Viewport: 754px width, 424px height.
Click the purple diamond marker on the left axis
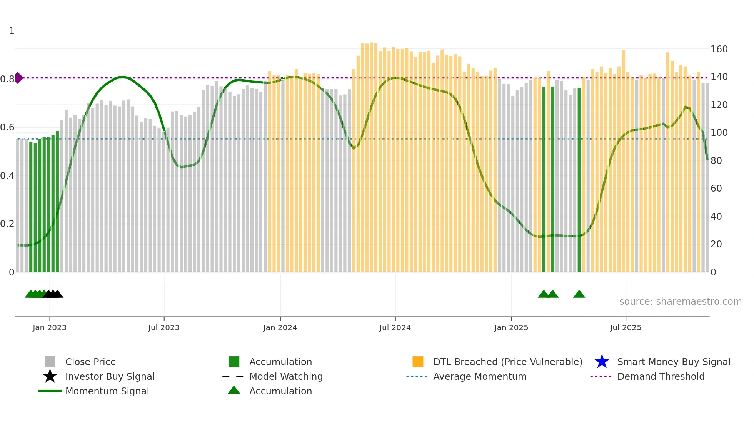[19, 78]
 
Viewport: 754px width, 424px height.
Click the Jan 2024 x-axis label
[280, 327]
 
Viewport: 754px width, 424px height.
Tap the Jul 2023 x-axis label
[164, 327]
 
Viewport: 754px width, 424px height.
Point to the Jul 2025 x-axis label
[626, 327]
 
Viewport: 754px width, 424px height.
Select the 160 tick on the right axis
[719, 49]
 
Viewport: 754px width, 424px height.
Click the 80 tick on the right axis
[716, 161]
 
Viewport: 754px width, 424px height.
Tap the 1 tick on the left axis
[12, 31]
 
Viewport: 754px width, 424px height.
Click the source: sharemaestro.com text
[680, 302]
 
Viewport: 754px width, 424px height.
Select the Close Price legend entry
[90, 362]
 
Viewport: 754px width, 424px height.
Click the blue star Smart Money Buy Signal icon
[602, 362]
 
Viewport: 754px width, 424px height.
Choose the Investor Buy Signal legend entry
[110, 376]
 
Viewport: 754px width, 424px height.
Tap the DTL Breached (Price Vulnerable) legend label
[507, 362]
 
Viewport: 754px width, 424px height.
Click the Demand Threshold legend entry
[661, 376]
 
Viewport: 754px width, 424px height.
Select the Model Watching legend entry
[286, 376]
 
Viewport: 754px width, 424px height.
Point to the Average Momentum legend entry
[479, 376]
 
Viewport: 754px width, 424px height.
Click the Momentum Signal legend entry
[107, 391]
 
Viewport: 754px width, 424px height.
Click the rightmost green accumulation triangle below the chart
[579, 294]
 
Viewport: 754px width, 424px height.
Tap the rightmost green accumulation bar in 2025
[579, 181]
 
